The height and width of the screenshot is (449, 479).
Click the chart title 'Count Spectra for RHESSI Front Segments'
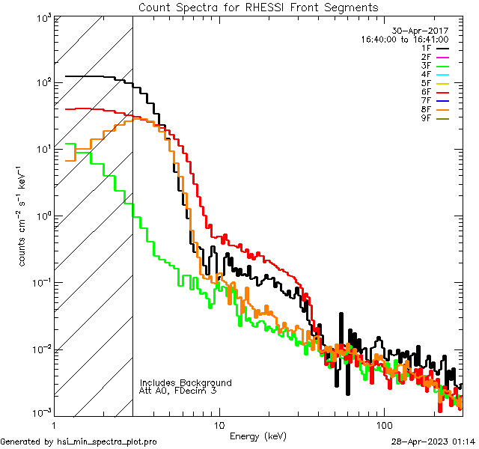[x=258, y=7]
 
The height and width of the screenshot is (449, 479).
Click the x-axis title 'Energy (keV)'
[x=258, y=436]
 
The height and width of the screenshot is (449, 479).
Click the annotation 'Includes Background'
[x=186, y=382]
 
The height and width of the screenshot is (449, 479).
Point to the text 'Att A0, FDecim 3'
[x=178, y=391]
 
